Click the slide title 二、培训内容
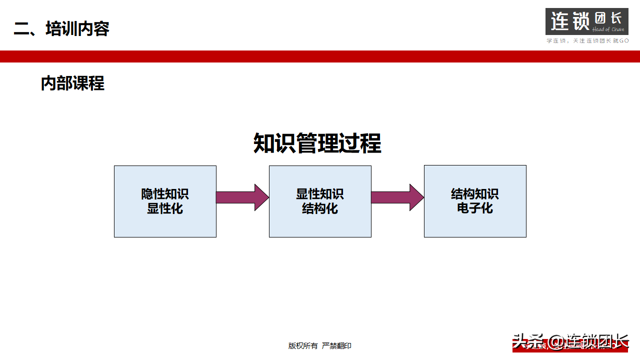pos(61,28)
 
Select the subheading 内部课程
pos(72,83)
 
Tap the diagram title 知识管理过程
pos(317,143)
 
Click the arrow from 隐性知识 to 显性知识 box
pos(242,197)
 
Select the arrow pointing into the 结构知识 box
pos(397,197)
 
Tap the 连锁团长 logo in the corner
pos(586,21)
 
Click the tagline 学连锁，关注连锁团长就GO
pos(587,40)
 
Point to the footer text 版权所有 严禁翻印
pos(320,345)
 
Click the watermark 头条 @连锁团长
pos(570,341)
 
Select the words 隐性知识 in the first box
pos(165,194)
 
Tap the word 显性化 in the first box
pos(165,208)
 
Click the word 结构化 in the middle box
pos(320,208)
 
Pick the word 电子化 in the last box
pos(475,208)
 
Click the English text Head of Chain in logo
pos(608,29)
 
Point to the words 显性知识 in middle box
pos(320,194)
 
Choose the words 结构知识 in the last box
pos(475,194)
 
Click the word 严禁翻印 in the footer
pos(336,345)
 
